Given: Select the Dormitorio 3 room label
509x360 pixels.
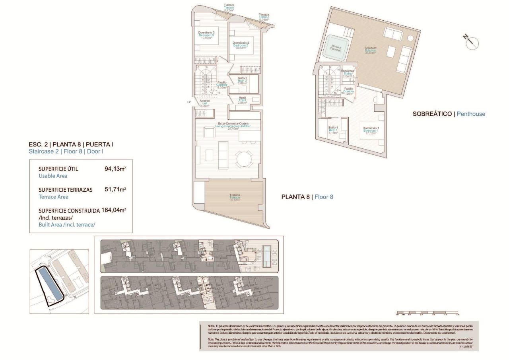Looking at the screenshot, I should (206, 35).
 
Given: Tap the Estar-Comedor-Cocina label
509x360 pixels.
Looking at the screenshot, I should (232, 125).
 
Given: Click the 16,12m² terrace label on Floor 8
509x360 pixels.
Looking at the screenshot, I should (235, 198).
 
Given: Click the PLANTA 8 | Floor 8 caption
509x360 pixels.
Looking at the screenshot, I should (307, 197).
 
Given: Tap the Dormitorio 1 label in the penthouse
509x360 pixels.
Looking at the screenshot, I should (371, 130).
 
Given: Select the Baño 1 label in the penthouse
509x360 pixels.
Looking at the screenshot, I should (333, 130).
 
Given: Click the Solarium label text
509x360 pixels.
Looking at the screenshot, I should (371, 50).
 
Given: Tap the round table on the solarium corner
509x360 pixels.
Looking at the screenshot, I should (410, 38).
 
